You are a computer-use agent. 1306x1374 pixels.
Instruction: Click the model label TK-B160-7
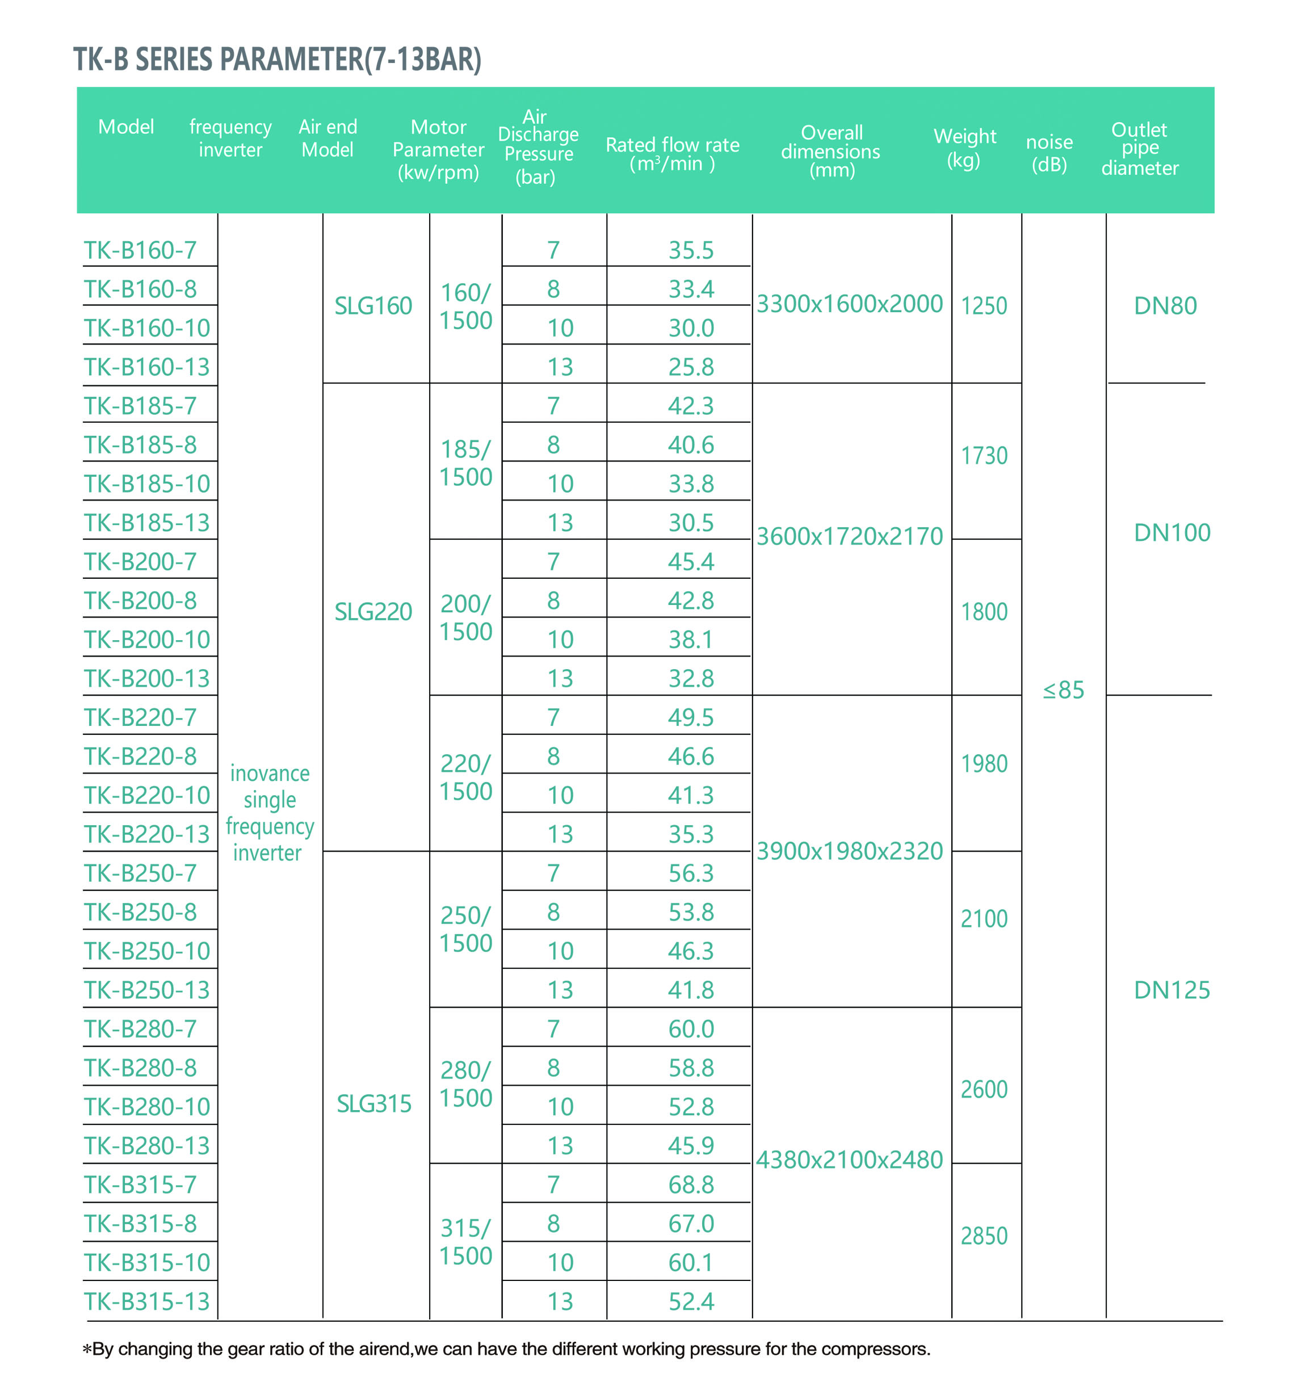click(140, 250)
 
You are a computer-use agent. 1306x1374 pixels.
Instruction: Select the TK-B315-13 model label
click(146, 1301)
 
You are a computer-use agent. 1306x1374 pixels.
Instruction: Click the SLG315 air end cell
click(374, 1103)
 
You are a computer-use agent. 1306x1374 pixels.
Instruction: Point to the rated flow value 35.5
click(691, 250)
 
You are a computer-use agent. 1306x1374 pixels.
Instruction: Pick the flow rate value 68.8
click(691, 1184)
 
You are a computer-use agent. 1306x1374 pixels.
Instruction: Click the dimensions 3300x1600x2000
click(849, 304)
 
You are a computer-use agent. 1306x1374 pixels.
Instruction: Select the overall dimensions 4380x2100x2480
click(849, 1159)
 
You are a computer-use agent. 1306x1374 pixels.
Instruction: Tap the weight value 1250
click(984, 305)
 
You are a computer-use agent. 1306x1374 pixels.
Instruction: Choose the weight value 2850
click(984, 1236)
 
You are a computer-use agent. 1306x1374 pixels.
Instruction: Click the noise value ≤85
click(1063, 690)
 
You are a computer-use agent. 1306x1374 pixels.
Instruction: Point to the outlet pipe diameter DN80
click(1165, 305)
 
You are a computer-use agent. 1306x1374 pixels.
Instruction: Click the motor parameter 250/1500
click(466, 928)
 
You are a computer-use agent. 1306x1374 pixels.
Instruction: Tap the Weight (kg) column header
click(964, 148)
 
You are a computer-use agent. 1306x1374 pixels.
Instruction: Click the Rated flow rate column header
click(672, 154)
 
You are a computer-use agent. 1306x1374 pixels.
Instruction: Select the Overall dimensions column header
click(830, 151)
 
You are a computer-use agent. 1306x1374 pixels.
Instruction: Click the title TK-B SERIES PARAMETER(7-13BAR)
click(277, 59)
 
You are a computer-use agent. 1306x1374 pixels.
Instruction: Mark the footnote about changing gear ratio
click(506, 1348)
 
